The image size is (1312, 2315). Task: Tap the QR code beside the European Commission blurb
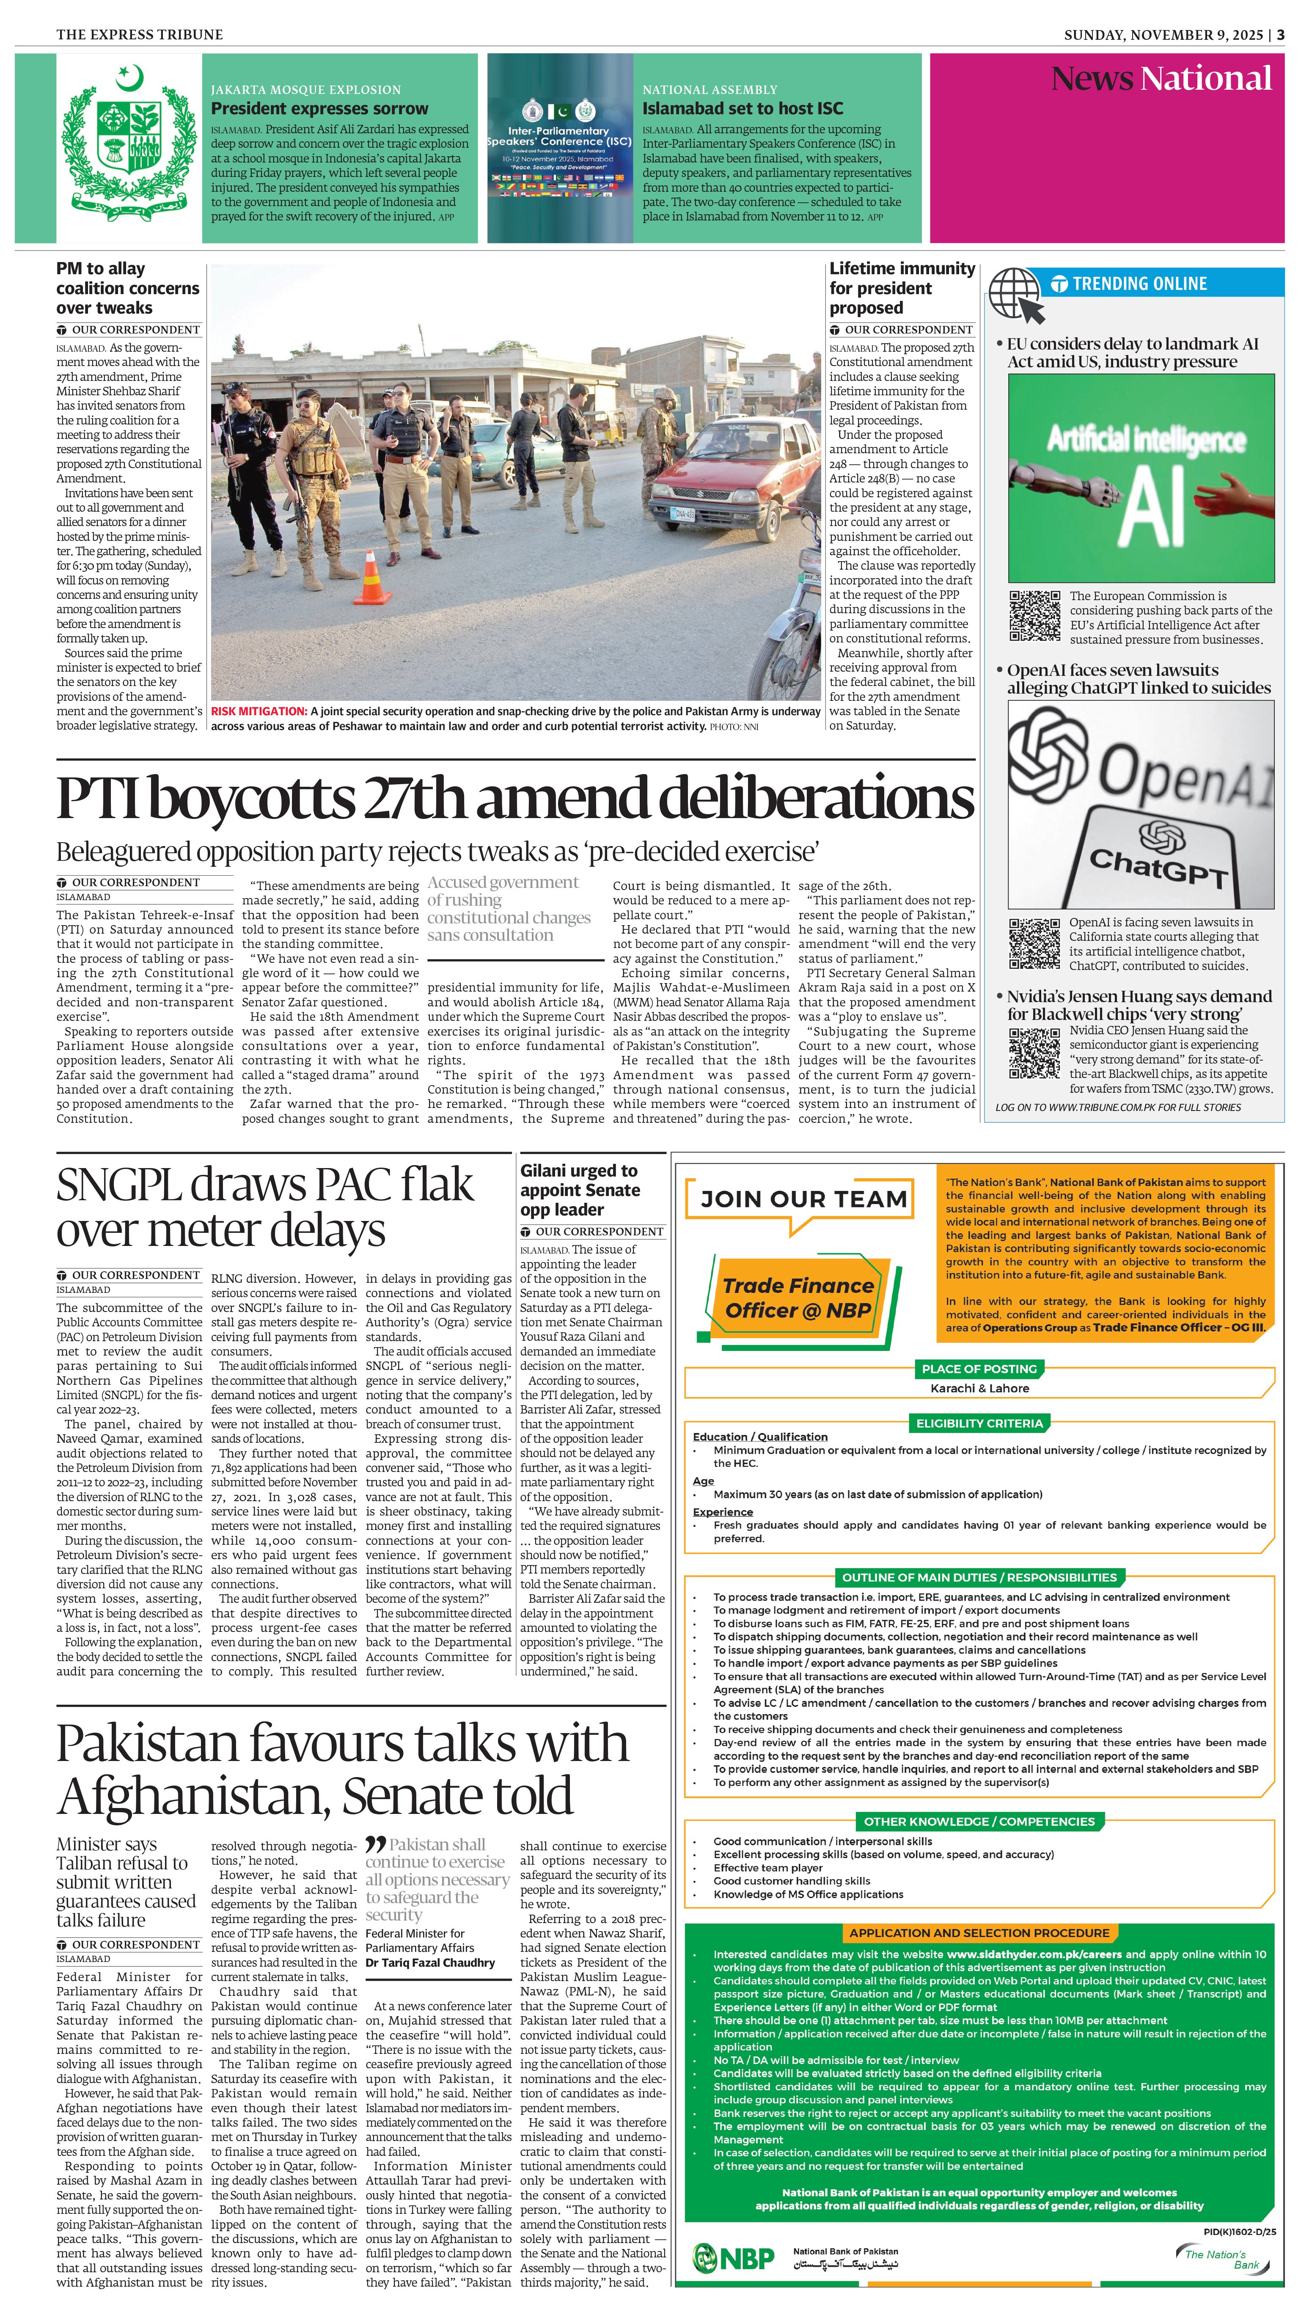pyautogui.click(x=1034, y=616)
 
